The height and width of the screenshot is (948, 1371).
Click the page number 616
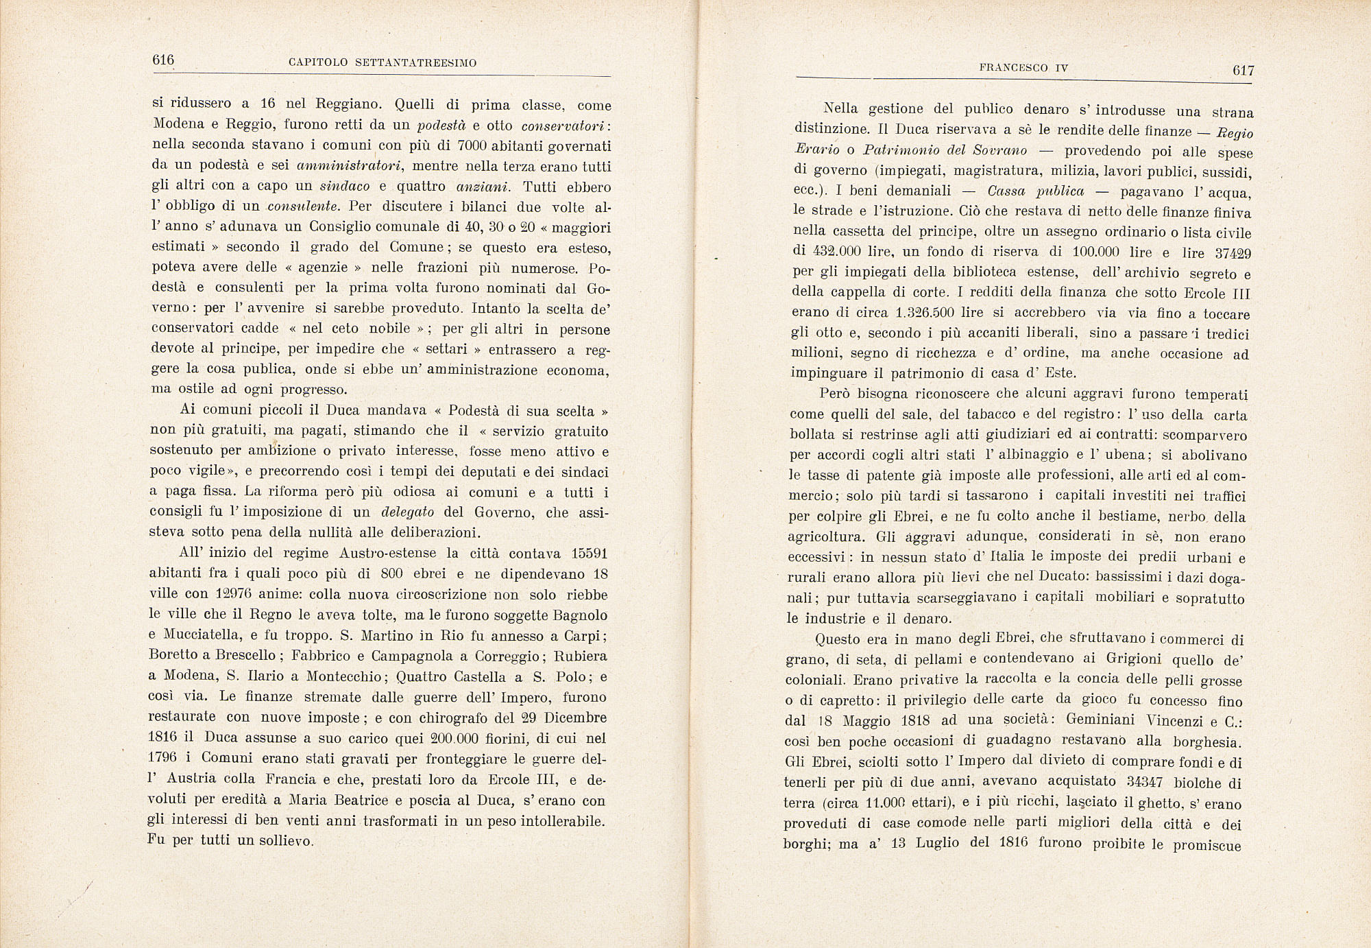point(163,60)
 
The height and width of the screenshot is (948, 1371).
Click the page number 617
point(1243,70)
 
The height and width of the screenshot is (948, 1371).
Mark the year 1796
point(162,759)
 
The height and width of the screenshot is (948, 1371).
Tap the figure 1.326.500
point(928,313)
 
